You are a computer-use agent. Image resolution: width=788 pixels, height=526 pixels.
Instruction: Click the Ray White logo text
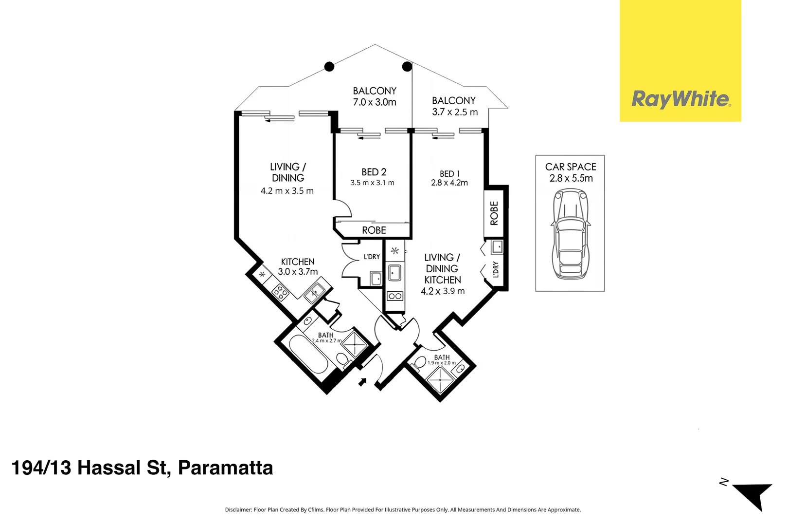(681, 99)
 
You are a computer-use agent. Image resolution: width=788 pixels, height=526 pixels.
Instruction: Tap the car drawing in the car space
(570, 234)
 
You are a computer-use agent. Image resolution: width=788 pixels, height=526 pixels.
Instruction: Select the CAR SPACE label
(571, 167)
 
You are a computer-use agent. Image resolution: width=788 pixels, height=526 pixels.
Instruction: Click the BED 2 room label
(374, 172)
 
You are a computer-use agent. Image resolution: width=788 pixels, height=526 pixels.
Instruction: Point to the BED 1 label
(449, 174)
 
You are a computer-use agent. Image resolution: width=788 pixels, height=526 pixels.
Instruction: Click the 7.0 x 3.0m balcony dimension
(375, 102)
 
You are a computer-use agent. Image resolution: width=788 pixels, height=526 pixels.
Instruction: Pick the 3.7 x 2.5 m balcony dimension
(455, 112)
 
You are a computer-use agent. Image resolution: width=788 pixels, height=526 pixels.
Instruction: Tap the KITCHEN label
(298, 262)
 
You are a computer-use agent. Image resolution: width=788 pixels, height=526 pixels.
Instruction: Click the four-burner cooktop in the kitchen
(281, 292)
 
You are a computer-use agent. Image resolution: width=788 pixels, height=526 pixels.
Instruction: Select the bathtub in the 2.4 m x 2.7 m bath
(309, 354)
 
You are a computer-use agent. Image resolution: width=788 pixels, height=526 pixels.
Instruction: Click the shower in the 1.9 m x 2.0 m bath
(440, 380)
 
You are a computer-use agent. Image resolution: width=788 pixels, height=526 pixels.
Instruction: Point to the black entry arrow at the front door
(362, 382)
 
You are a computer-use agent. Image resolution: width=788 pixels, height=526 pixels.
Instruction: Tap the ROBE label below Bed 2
(374, 230)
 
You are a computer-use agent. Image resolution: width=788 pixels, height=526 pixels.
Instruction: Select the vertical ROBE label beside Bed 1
(494, 213)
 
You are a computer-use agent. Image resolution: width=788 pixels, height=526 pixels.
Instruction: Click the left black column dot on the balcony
(329, 66)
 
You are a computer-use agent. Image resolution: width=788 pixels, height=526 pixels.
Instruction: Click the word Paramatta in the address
(226, 468)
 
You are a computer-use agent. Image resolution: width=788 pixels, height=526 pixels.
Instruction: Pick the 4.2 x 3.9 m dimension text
(443, 291)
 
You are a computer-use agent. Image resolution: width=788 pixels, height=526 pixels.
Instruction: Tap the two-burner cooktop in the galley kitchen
(395, 296)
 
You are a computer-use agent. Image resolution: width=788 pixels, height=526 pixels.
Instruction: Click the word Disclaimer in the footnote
(238, 510)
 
